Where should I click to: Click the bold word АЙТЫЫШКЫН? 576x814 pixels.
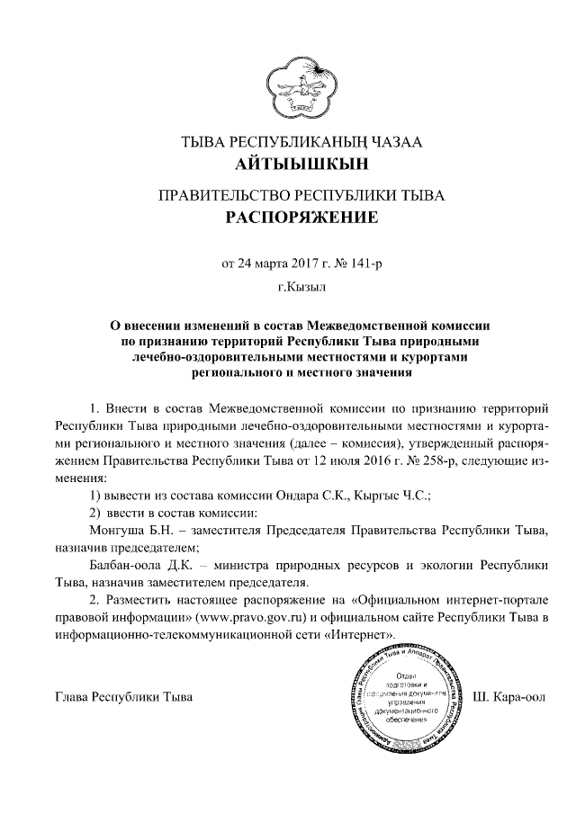[x=288, y=165]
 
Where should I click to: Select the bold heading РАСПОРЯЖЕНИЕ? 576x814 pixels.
[x=288, y=218]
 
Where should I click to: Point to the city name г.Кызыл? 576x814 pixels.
[x=288, y=289]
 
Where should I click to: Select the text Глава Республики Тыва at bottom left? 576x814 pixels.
[x=123, y=697]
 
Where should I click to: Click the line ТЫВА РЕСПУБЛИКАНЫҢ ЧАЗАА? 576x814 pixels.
[x=288, y=141]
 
